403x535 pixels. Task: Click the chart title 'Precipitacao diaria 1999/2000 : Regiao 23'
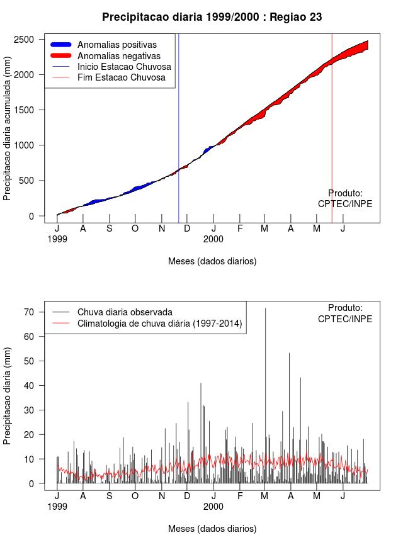coord(212,17)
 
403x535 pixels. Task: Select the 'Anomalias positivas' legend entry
coord(117,45)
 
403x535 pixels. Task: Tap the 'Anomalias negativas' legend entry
coord(118,56)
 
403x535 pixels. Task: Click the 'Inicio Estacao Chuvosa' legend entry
coord(124,67)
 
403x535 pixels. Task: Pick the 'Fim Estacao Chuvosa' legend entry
coord(122,77)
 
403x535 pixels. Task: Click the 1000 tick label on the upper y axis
coord(28,145)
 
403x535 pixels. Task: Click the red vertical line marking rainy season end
coord(332,126)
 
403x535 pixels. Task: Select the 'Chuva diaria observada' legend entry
coord(125,312)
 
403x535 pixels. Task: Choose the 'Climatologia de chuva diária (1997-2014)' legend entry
coord(160,324)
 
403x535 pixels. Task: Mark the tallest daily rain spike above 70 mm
coord(265,310)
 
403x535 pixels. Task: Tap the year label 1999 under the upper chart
coord(57,239)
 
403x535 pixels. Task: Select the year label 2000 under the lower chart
coord(213,506)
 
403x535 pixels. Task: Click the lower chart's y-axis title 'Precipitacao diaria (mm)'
coord(8,395)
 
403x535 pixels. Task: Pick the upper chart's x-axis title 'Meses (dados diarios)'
coord(212,261)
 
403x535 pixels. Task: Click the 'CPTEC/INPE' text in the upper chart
coord(345,204)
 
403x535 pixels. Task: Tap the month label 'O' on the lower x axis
coord(135,496)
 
